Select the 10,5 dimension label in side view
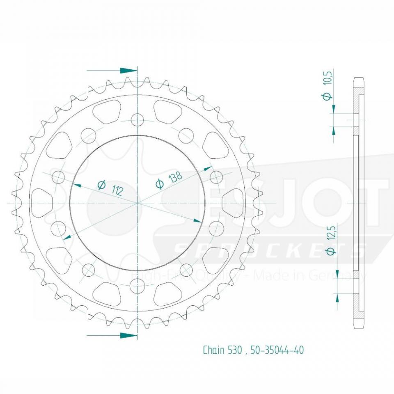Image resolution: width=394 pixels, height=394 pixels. tap(327, 77)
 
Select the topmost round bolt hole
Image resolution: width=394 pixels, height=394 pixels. tap(137, 120)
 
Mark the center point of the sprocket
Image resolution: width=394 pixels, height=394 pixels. tap(137, 203)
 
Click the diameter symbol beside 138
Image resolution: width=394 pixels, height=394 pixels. tap(160, 184)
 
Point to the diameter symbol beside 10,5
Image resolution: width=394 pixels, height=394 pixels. tap(327, 96)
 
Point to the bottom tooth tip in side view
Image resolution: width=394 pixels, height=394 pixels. tap(358, 326)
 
